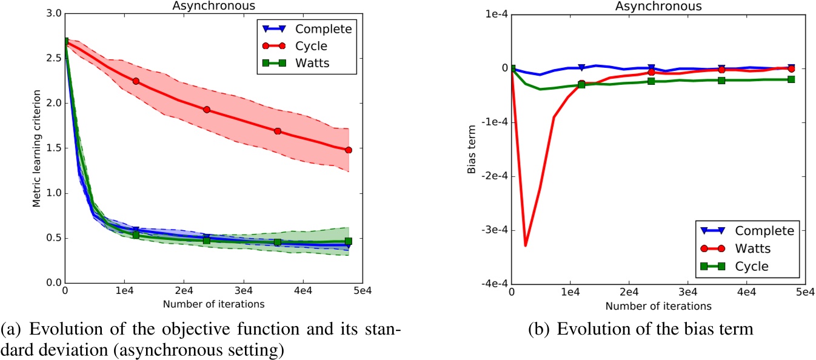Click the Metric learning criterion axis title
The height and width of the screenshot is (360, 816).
(x=36, y=148)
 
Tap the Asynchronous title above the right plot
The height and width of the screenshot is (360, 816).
(x=658, y=5)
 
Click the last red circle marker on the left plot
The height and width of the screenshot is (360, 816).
(x=349, y=150)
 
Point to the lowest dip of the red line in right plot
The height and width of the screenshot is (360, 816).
(x=526, y=245)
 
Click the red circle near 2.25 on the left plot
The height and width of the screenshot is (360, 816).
(x=136, y=81)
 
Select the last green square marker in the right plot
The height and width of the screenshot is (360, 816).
(x=791, y=79)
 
